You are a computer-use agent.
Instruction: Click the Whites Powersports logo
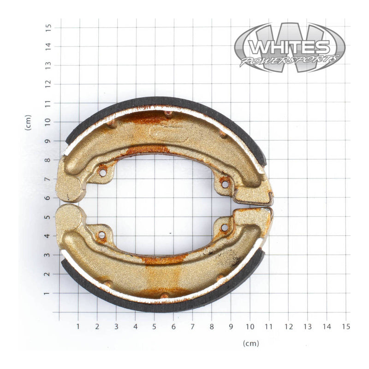click(x=289, y=48)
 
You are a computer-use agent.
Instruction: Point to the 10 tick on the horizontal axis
click(x=250, y=327)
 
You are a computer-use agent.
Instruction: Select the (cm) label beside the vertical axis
click(x=29, y=122)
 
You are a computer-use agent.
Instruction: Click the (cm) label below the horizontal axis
click(x=251, y=343)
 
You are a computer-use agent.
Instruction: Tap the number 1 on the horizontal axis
click(x=78, y=327)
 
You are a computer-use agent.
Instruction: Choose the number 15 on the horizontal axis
click(x=345, y=327)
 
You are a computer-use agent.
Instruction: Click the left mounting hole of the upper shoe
click(x=102, y=173)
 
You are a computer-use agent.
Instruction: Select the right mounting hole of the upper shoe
click(x=225, y=184)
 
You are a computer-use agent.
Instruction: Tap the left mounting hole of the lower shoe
click(x=101, y=235)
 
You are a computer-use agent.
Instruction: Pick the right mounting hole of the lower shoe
click(x=225, y=227)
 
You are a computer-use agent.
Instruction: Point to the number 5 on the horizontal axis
click(x=155, y=327)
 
